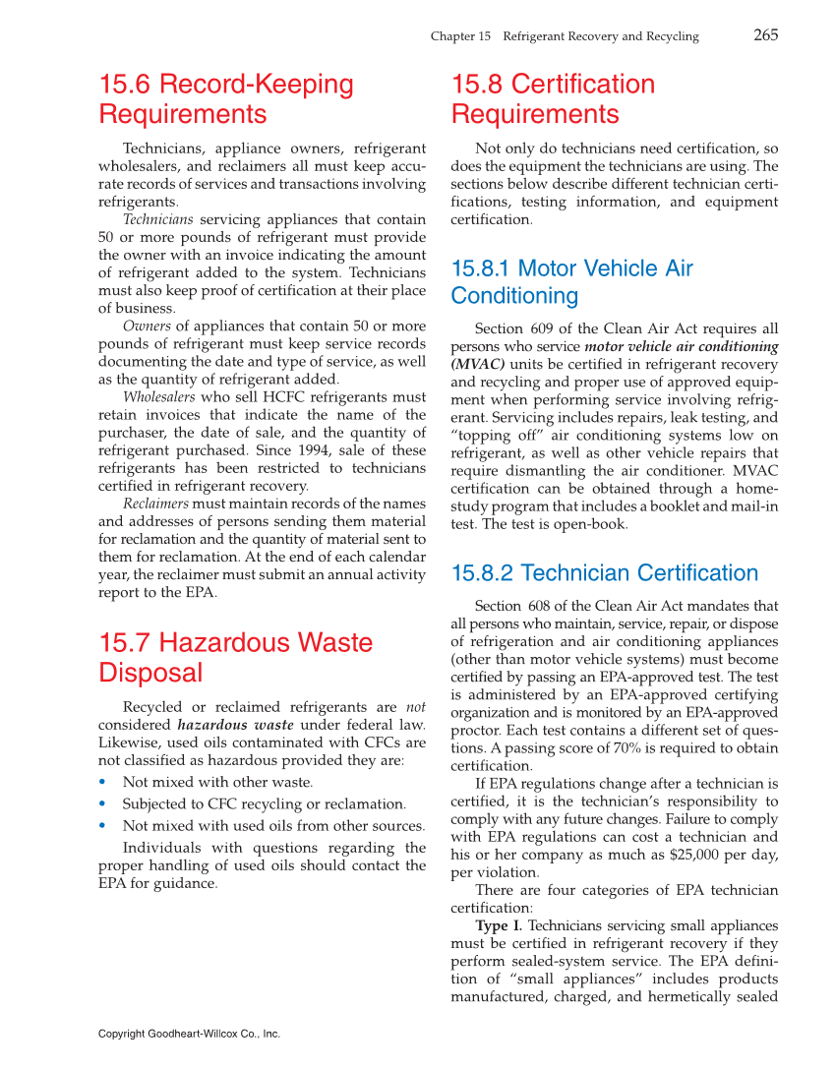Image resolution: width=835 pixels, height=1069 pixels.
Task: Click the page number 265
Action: [x=765, y=35]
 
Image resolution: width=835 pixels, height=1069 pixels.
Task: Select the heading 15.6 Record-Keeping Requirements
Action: [x=225, y=99]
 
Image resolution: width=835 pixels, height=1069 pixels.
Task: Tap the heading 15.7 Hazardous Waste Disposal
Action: [x=235, y=657]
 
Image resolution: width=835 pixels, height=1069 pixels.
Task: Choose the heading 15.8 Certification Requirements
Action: [x=552, y=99]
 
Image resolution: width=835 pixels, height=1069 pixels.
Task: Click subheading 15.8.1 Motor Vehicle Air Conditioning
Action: [x=571, y=282]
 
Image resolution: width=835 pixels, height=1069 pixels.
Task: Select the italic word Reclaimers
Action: [x=155, y=504]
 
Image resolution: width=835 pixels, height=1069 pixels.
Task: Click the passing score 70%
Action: [x=650, y=748]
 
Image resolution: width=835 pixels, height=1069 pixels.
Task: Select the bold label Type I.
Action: [x=499, y=925]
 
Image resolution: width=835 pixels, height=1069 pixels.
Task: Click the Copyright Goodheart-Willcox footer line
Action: [x=189, y=1034]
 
